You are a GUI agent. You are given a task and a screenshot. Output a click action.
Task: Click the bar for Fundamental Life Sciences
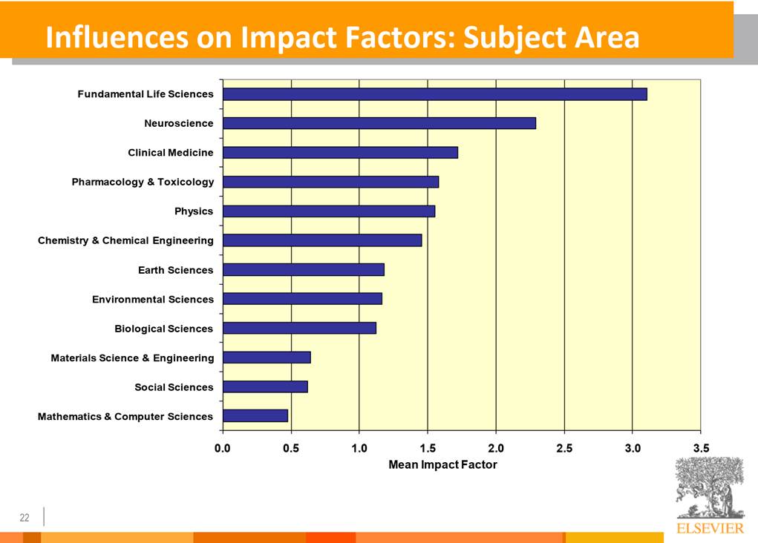pos(434,94)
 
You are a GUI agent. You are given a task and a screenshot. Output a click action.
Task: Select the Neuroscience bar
pos(379,123)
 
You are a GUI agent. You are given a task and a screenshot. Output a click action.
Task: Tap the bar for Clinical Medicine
pos(340,153)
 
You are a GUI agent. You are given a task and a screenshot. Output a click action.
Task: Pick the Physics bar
pos(328,211)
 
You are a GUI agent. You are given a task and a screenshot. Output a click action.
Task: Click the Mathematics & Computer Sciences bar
pos(255,416)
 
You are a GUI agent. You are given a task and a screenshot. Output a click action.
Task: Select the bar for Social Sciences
pos(265,386)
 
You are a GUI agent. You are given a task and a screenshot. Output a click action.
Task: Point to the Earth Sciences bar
pos(303,270)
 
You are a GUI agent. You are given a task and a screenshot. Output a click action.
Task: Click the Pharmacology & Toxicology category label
pos(143,182)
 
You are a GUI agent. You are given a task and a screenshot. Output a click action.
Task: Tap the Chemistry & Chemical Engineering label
pos(125,240)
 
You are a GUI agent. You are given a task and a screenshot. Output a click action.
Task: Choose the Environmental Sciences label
pos(152,299)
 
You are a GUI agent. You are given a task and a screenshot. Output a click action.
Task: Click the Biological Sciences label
pos(163,329)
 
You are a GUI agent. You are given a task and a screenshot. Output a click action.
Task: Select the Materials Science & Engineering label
pos(132,358)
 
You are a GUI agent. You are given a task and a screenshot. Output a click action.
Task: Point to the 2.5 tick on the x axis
pos(564,448)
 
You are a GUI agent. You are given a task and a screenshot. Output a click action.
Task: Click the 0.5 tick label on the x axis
pos(291,448)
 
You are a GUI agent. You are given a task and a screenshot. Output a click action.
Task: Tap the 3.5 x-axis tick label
pos(701,448)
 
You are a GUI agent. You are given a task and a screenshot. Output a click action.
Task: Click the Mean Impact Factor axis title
pos(442,464)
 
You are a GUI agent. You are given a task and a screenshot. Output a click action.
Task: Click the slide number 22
pos(24,517)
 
